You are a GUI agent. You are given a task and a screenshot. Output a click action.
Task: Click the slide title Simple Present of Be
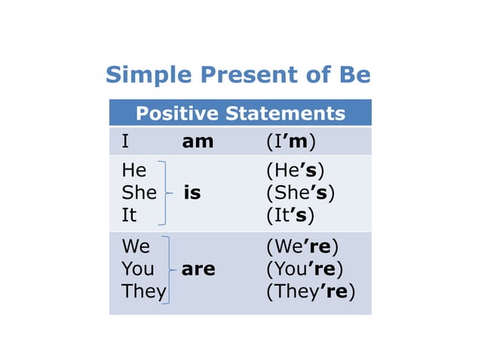[x=238, y=75]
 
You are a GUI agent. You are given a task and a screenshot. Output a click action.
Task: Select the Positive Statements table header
[x=240, y=114]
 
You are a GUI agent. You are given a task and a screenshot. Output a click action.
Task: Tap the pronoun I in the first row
[x=125, y=142]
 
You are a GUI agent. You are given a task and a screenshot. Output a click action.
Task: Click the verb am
[x=198, y=142]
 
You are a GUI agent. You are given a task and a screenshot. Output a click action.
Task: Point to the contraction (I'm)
[x=290, y=142]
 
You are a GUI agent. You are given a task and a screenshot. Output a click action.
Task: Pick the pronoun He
[x=133, y=171]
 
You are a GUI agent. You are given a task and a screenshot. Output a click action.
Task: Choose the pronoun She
[x=139, y=193]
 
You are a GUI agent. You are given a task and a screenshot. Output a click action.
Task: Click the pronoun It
[x=129, y=215]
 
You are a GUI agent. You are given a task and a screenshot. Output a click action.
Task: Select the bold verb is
[x=192, y=193]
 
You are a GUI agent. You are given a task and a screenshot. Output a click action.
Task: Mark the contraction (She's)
[x=300, y=193]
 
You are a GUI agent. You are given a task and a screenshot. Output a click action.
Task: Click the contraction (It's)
[x=290, y=215]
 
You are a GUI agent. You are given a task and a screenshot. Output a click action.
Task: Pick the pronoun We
[x=136, y=247]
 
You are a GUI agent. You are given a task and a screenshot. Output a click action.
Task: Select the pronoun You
[x=137, y=269]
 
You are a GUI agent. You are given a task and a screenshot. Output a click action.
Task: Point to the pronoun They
[x=143, y=291]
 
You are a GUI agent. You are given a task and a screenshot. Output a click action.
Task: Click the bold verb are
[x=198, y=269]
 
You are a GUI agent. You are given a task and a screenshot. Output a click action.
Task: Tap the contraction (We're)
[x=302, y=247]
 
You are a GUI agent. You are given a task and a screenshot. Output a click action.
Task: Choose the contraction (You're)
[x=305, y=269]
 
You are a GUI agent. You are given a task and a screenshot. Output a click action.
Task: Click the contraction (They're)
[x=311, y=291]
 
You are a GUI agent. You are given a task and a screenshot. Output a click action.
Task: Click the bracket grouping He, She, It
[x=166, y=193]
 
